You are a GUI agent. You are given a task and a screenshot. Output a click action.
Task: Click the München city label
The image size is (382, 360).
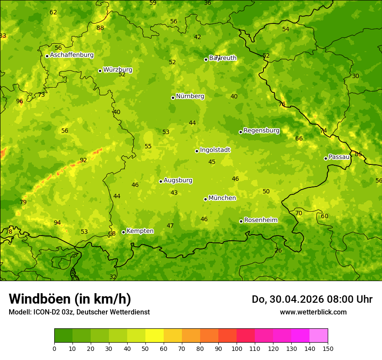[222, 198]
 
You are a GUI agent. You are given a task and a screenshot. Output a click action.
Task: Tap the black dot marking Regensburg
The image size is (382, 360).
[240, 132]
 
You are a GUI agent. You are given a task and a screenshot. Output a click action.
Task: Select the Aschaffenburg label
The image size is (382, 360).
[72, 55]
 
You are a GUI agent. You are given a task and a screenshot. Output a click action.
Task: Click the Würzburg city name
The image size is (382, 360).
[118, 70]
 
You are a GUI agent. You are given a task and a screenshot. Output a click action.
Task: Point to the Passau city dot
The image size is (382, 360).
[326, 158]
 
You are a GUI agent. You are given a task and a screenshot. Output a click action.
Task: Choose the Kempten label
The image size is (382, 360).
[140, 231]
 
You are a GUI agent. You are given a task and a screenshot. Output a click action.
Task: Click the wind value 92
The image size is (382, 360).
[83, 160]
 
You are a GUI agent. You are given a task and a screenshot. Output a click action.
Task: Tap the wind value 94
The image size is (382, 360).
[57, 223]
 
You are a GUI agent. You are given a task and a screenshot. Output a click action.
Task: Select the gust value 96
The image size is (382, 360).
[20, 101]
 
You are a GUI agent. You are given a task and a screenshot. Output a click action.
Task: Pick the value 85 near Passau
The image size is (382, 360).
[358, 154]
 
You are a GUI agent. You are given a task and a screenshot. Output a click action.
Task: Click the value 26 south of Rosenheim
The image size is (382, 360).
[278, 251]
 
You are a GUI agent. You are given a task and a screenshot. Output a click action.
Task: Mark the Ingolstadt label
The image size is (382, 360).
[215, 150]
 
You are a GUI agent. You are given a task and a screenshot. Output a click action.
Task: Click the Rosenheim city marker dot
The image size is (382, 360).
[241, 221]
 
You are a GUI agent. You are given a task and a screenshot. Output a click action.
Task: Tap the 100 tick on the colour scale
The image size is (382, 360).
[237, 348]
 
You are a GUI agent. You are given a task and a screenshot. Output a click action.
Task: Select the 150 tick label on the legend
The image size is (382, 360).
[328, 348]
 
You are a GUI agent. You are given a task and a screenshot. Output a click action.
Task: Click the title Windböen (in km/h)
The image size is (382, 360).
[70, 299]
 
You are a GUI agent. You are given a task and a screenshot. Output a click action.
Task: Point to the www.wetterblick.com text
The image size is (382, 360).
[313, 312]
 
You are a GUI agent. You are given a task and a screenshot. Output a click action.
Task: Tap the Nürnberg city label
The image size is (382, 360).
[190, 96]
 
